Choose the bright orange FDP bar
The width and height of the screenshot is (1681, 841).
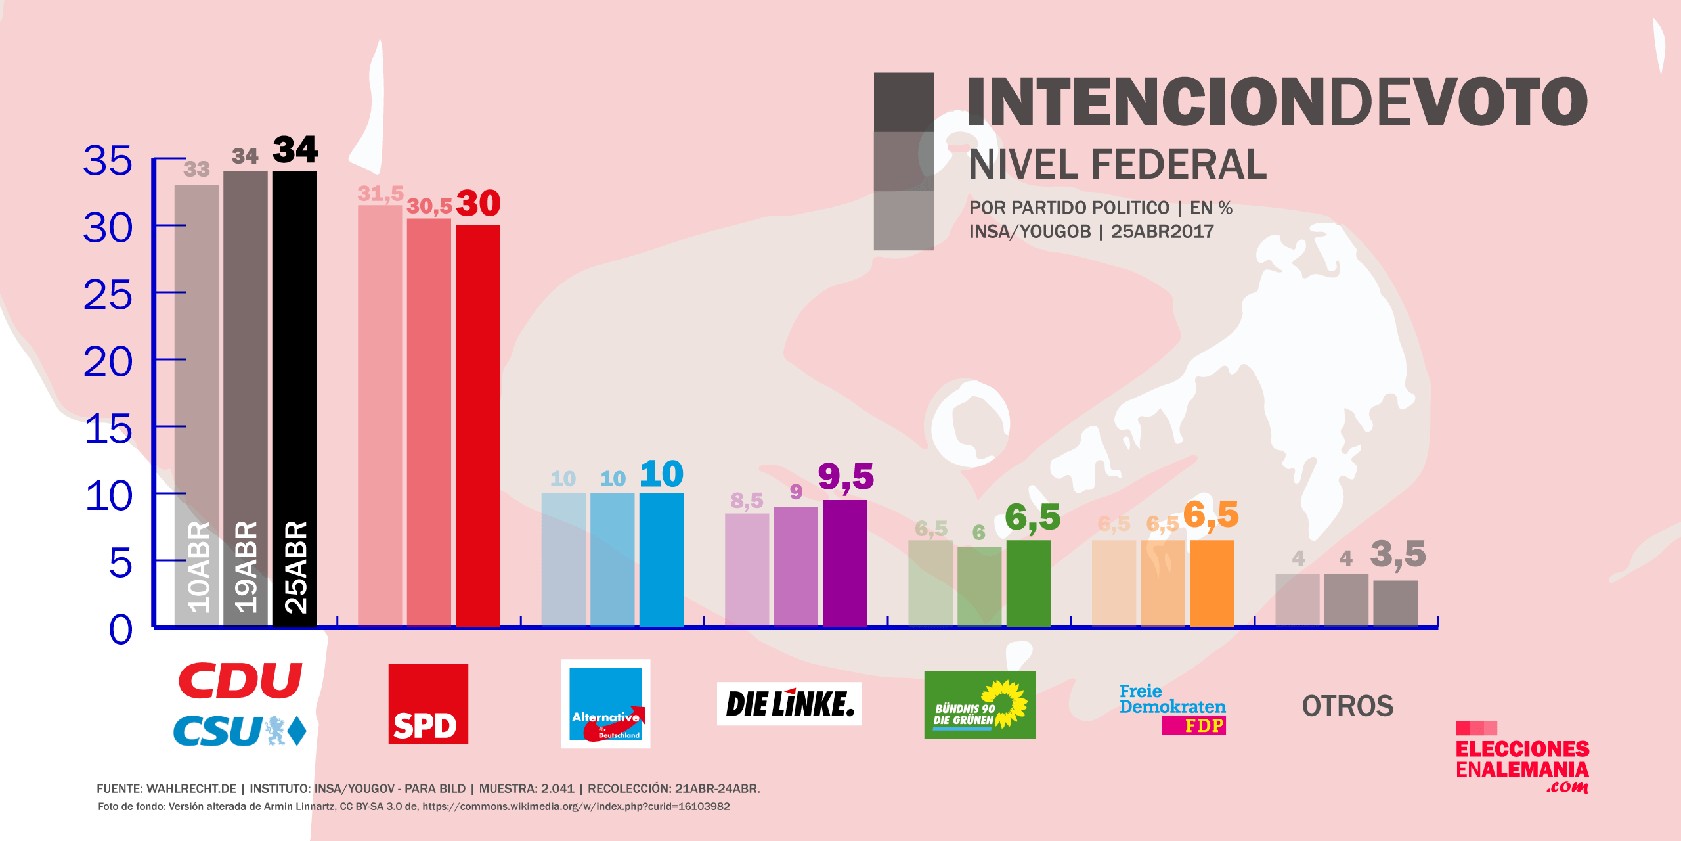point(1212,583)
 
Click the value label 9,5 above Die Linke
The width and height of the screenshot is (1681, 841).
point(846,477)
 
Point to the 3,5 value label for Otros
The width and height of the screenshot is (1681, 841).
point(1398,555)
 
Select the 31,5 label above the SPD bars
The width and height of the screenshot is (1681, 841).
point(380,194)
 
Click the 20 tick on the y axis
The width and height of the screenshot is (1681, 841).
point(108,362)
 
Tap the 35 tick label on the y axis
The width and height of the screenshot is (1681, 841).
point(108,161)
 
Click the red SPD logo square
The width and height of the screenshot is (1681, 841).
point(428,704)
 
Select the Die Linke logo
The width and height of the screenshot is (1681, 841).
point(789,704)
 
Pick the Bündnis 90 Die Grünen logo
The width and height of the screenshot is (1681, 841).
point(980,705)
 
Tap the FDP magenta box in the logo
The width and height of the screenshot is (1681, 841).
point(1194,725)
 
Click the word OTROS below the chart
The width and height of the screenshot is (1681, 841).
point(1347,706)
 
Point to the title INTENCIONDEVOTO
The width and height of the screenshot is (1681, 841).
point(1277,102)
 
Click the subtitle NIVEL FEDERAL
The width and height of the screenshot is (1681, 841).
point(1118,164)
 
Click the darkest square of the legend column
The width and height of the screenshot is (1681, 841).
point(904,102)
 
